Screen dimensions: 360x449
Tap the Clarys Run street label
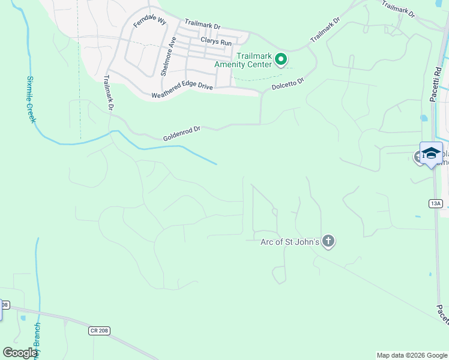click(x=216, y=41)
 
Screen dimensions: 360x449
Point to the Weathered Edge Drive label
click(x=182, y=91)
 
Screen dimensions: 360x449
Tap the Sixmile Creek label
click(x=31, y=99)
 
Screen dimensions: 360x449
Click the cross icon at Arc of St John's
click(x=328, y=242)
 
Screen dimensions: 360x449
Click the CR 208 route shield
click(x=99, y=331)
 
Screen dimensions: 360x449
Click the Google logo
click(x=20, y=353)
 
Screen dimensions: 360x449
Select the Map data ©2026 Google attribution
click(x=412, y=355)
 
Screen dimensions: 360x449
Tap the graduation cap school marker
click(x=431, y=153)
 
